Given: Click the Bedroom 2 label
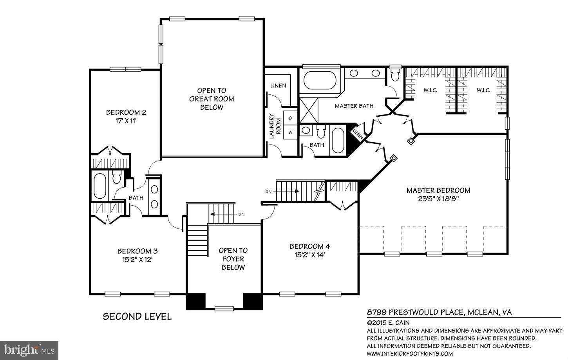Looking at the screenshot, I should (x=126, y=112).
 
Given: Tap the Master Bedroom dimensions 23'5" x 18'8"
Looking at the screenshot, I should (x=438, y=199).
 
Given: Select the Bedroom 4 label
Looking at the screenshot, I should (x=309, y=246).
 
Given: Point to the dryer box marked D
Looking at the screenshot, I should (x=291, y=118).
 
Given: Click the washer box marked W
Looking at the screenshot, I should (x=291, y=132).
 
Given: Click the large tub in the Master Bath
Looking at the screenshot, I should (x=320, y=81).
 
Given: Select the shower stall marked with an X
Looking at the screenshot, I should (x=309, y=110).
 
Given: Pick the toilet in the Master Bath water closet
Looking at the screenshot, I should (x=394, y=74).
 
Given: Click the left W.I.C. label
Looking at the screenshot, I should (x=430, y=90).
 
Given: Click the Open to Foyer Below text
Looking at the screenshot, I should (x=233, y=259).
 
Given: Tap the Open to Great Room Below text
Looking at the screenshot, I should (x=212, y=99).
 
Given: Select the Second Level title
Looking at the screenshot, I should (x=137, y=317).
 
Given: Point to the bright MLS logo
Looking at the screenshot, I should (x=29, y=348).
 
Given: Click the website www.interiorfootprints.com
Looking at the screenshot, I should (x=410, y=353).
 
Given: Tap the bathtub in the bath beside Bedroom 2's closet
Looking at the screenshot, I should (x=99, y=186).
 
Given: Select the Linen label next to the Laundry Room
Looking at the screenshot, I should (x=278, y=85).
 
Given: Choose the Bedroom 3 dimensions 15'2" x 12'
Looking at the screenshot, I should (x=137, y=259).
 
